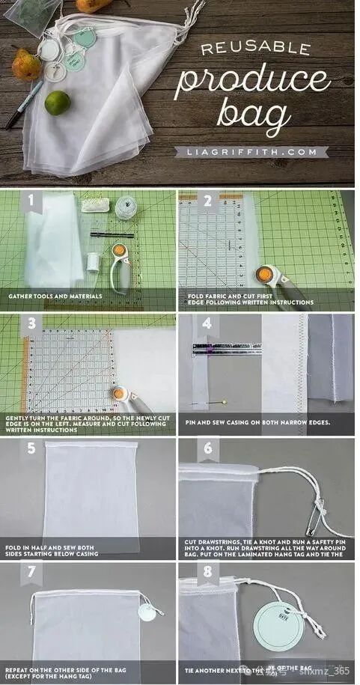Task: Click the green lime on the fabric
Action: point(57,103)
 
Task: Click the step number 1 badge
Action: point(31,201)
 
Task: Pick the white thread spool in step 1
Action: point(93,262)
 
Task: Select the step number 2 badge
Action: point(207,201)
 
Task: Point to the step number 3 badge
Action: point(31,324)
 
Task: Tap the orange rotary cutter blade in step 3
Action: point(118,392)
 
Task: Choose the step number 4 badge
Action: point(207,324)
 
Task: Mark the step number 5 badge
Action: point(31,448)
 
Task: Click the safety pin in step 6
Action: point(321,511)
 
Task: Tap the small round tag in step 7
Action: point(147,612)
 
